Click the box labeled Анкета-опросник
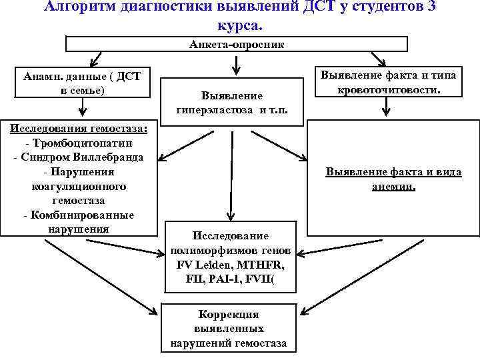click(236, 44)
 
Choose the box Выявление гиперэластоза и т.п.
click(232, 103)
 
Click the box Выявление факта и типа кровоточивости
click(389, 82)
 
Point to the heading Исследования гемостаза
click(79, 128)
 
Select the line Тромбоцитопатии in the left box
click(79, 143)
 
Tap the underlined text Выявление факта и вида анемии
click(393, 179)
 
